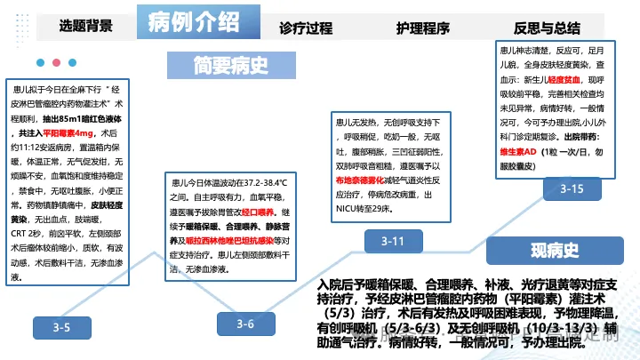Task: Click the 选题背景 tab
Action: click(x=86, y=25)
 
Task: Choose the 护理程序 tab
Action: click(x=424, y=27)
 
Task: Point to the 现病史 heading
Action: click(x=555, y=250)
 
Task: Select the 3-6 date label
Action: click(x=245, y=324)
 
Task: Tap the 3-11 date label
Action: click(x=393, y=242)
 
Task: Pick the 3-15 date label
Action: click(x=572, y=188)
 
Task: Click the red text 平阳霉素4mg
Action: click(x=80, y=133)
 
